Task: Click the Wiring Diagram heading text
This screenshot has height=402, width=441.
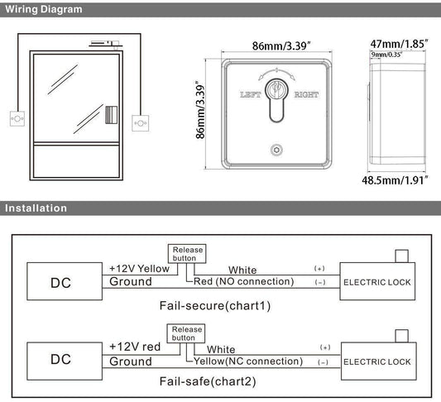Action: tap(44, 10)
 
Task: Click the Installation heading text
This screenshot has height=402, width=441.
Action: tap(36, 208)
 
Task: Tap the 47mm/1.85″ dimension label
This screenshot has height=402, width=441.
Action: tap(399, 44)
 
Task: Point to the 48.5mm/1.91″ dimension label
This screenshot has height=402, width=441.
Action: tap(395, 180)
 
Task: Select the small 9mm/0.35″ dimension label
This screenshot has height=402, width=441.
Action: tap(386, 55)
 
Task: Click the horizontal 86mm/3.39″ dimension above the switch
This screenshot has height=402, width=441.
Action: tap(281, 45)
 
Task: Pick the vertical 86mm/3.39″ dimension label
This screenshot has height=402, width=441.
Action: tap(200, 110)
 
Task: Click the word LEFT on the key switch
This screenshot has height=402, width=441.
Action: tap(251, 95)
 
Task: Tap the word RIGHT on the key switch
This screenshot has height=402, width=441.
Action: tap(306, 95)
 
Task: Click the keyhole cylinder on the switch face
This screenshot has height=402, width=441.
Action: tap(276, 100)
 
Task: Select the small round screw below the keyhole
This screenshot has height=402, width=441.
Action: tap(276, 150)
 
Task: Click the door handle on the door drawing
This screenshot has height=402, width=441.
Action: tap(111, 115)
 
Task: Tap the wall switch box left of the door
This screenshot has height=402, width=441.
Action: tap(17, 118)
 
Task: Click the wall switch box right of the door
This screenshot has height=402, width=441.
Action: tap(141, 123)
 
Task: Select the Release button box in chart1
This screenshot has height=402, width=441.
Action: tap(187, 254)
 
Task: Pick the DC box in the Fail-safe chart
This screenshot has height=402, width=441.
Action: tap(65, 361)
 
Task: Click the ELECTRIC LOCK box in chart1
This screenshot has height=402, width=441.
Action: tap(377, 281)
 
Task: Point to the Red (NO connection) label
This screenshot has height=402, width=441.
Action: tap(244, 281)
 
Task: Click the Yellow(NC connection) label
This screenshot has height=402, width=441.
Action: tap(248, 361)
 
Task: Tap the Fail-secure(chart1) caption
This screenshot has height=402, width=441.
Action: tap(215, 305)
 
